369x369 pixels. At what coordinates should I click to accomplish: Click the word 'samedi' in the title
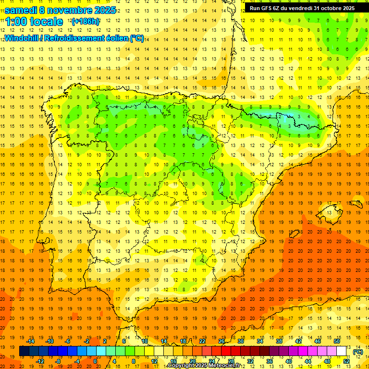(x=21, y=10)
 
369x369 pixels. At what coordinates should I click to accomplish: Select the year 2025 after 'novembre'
(x=104, y=10)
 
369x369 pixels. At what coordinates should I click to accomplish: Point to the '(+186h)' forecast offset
(x=86, y=22)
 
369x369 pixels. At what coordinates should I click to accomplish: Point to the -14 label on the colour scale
(x=30, y=341)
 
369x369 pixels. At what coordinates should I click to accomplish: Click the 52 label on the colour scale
(x=347, y=361)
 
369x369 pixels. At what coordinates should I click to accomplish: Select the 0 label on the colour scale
(x=96, y=361)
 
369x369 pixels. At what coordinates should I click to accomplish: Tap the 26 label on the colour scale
(x=221, y=341)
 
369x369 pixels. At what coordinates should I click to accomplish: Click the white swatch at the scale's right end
(x=346, y=351)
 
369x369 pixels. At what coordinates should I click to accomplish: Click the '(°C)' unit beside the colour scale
(x=358, y=352)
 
